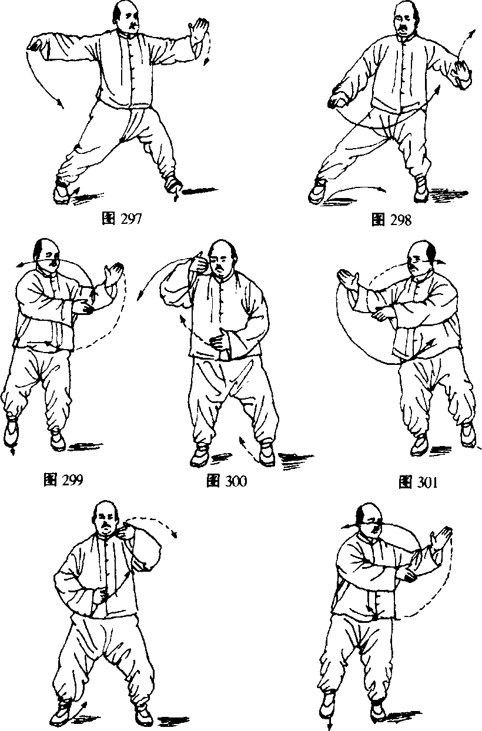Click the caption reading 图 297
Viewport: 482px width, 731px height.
tap(122, 219)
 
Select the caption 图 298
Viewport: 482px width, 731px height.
tap(391, 220)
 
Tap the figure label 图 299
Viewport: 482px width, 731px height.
tap(63, 479)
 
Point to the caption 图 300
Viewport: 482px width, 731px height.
tap(226, 481)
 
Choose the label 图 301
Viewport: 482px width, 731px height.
tap(418, 482)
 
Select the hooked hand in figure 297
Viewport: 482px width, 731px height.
tap(36, 43)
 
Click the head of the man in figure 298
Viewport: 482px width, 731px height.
tap(406, 18)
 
